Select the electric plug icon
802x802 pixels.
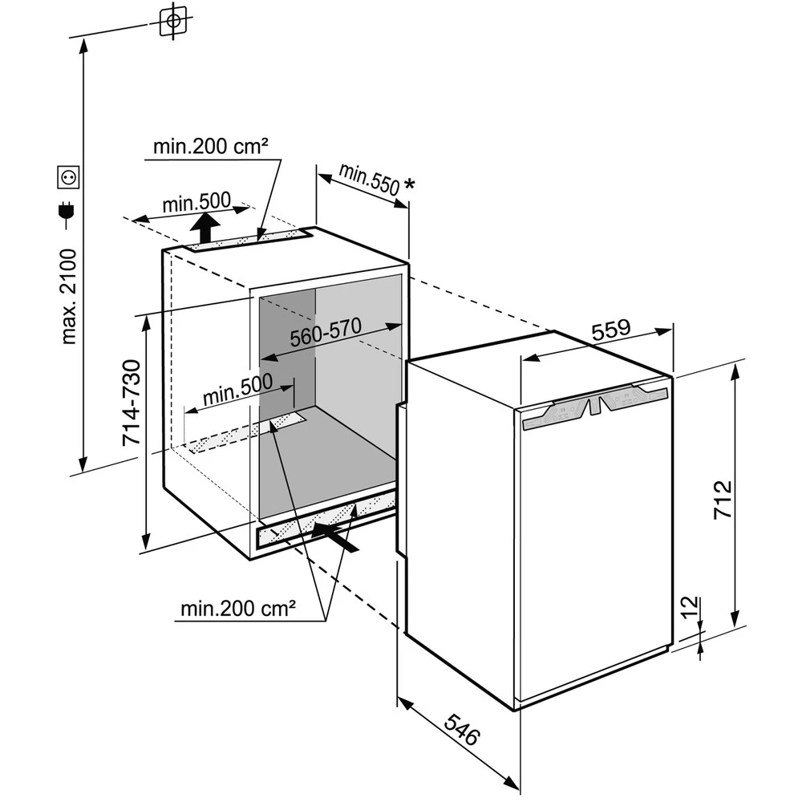[67, 212]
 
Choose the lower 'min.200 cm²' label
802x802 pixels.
[238, 609]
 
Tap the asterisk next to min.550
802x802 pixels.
[410, 185]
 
